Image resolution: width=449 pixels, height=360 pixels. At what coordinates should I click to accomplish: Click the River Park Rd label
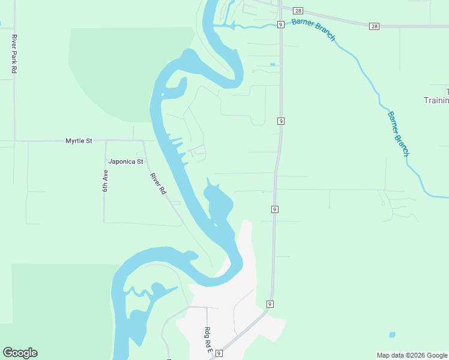(14, 54)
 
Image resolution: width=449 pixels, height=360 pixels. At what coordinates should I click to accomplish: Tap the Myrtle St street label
(79, 141)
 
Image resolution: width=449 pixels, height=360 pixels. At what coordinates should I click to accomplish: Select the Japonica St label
(125, 161)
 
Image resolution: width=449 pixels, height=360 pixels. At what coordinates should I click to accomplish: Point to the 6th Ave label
(105, 181)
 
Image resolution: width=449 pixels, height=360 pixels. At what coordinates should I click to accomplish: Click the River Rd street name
(158, 184)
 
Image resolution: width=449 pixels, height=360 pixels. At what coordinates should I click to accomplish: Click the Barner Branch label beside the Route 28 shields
(313, 29)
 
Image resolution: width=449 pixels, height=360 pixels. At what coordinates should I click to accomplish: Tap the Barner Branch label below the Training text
(398, 134)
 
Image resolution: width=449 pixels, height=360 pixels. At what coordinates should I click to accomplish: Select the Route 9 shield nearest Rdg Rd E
(220, 354)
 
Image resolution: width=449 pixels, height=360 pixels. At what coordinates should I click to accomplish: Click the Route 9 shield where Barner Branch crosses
(280, 24)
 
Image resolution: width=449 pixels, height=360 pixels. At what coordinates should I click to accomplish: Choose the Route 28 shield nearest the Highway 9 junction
(298, 11)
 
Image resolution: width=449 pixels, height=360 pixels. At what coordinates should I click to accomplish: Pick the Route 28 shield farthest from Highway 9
(375, 26)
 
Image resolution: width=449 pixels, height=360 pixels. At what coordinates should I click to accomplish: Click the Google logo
(20, 353)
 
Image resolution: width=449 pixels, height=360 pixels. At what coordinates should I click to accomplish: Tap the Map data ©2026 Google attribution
(412, 355)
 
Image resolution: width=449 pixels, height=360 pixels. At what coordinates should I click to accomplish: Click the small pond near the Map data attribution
(392, 335)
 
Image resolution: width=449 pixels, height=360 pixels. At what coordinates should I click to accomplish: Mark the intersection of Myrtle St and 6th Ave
(105, 141)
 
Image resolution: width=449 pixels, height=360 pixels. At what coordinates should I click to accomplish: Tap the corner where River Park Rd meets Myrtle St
(14, 141)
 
